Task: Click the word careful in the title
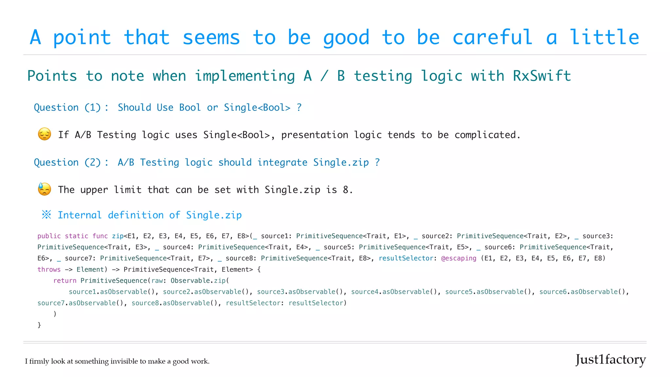tap(492, 37)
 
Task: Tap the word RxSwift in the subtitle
tap(542, 76)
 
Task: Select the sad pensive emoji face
tap(44, 134)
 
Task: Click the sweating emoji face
tap(44, 189)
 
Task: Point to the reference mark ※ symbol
tap(46, 215)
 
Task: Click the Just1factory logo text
tap(610, 360)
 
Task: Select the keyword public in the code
tap(49, 236)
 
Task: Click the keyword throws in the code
tap(49, 269)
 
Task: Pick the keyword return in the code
tap(65, 280)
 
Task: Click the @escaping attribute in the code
tap(459, 258)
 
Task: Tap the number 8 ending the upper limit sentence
tap(346, 190)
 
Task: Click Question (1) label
tap(67, 107)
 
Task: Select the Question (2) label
tap(67, 162)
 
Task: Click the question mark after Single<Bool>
tap(299, 107)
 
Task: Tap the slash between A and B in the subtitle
tap(324, 76)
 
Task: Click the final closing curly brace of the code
tap(39, 325)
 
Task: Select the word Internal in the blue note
tap(79, 215)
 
